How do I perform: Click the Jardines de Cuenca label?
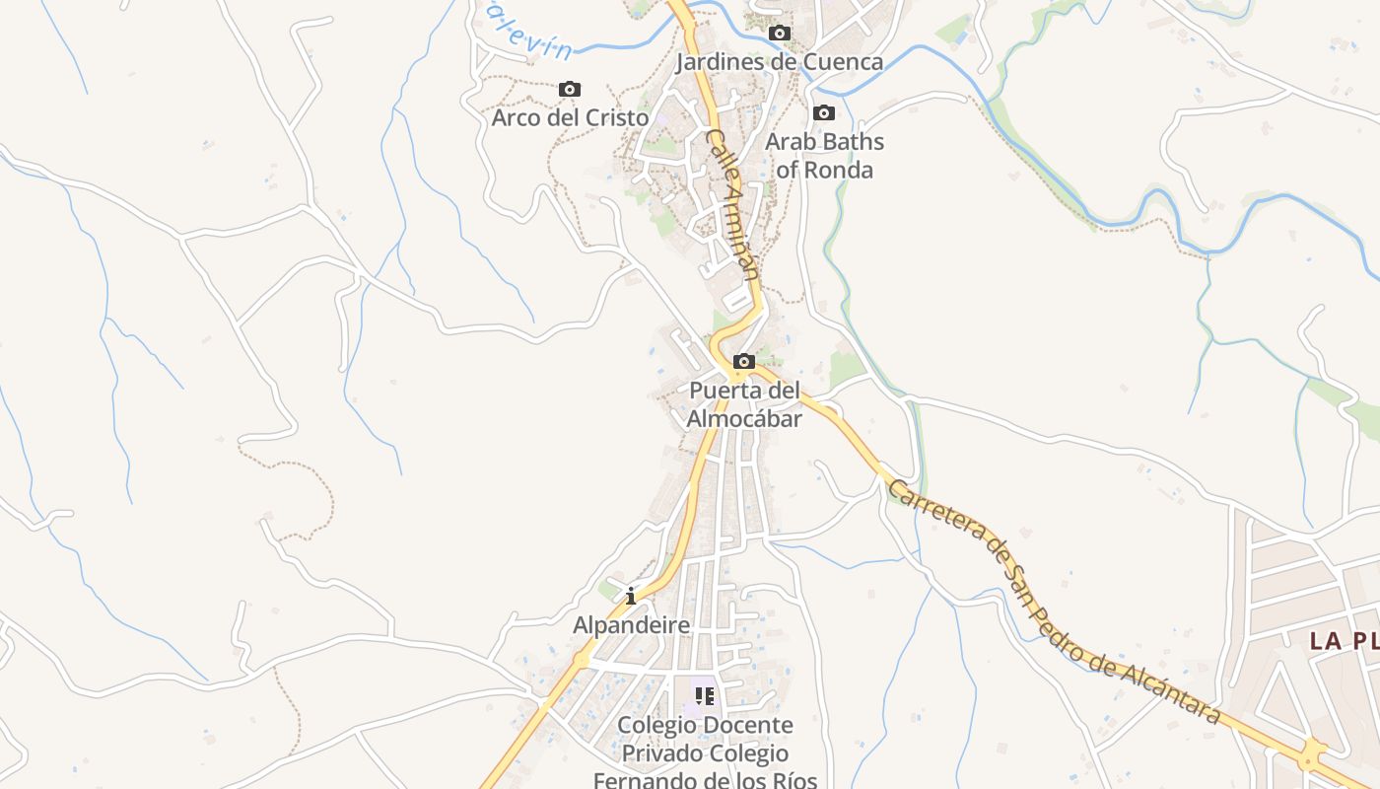tap(779, 62)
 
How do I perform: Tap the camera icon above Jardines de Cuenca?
tap(780, 34)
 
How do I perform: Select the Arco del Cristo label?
tap(570, 117)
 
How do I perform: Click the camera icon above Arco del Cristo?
tap(570, 90)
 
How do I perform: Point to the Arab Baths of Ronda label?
tap(824, 155)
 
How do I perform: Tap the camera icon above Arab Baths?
tap(824, 113)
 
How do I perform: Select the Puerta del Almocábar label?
tap(744, 404)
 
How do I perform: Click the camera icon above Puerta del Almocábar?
tap(744, 362)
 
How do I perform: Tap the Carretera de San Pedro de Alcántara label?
tap(1055, 602)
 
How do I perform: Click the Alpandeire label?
tap(631, 625)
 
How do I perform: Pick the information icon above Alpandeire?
tap(631, 597)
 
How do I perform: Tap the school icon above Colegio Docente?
tap(704, 696)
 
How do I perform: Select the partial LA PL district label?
tap(1344, 641)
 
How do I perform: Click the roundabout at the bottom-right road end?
tap(1312, 757)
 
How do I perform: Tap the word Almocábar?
tap(744, 418)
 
